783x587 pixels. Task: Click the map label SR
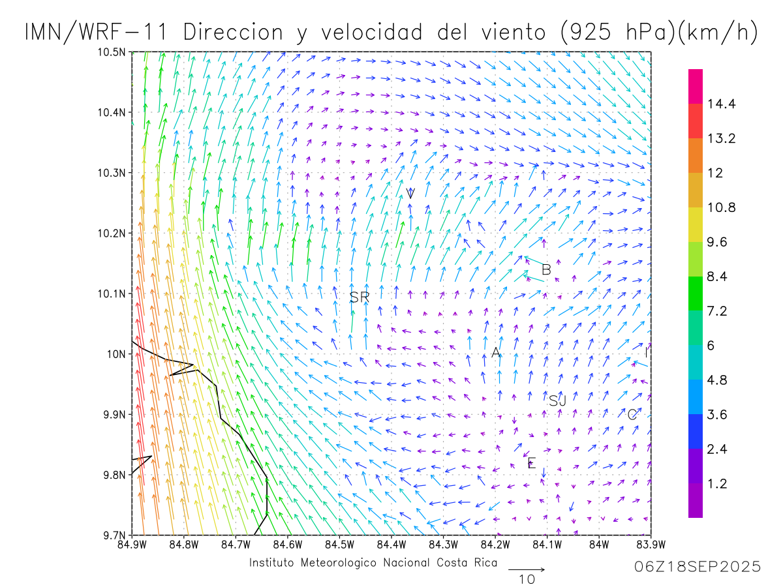[360, 297]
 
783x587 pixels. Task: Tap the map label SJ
[557, 400]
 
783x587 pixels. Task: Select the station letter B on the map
[547, 269]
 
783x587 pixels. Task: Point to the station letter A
[496, 353]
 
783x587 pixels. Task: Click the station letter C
[632, 415]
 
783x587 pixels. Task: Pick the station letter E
[531, 464]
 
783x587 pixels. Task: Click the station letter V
[410, 193]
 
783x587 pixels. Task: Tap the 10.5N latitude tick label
[111, 52]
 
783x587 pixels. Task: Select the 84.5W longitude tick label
[339, 544]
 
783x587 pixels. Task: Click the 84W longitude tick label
[599, 544]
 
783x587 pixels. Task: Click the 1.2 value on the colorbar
[718, 484]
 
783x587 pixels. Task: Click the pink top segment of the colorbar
[696, 85]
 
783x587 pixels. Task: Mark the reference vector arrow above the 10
[526, 569]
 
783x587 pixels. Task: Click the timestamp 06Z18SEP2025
[698, 567]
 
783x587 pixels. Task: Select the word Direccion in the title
[234, 32]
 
